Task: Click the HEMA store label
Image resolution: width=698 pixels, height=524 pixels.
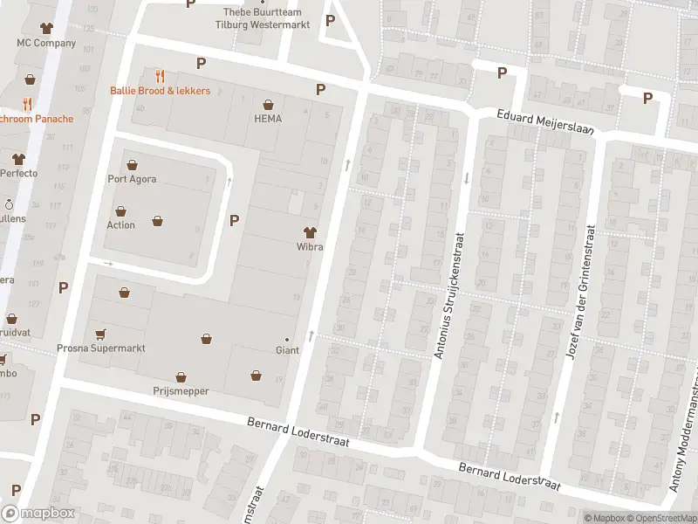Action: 268,119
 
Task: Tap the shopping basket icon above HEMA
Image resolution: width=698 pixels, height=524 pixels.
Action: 268,103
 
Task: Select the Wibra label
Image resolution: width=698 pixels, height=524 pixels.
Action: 309,247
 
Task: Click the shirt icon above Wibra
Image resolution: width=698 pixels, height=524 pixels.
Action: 309,231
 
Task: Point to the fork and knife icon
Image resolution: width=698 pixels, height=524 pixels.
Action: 160,76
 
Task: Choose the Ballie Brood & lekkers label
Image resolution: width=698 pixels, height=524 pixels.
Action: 160,91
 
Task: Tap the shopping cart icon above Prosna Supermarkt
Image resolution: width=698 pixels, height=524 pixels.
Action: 101,333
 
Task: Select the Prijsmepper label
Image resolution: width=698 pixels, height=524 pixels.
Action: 181,391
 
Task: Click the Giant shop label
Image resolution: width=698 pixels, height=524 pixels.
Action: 287,350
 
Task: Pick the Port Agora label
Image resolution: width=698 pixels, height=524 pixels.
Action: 133,179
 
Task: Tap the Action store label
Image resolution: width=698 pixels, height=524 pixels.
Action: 120,224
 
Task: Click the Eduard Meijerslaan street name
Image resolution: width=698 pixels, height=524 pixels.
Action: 545,121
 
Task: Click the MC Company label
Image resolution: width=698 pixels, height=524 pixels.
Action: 45,43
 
